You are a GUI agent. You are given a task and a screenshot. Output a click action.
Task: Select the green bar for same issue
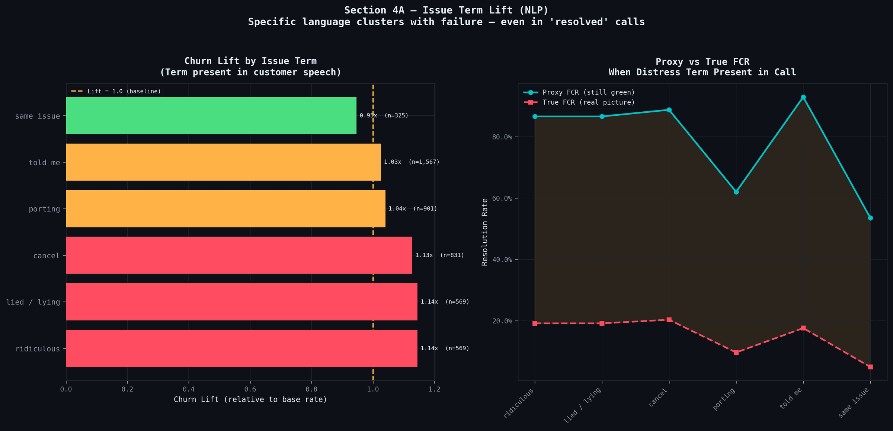[x=211, y=116]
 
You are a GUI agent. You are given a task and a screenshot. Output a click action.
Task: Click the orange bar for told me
[x=223, y=162]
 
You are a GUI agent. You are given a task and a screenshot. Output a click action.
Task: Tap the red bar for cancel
[x=239, y=255]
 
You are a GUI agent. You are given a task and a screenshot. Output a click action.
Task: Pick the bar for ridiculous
[x=241, y=348]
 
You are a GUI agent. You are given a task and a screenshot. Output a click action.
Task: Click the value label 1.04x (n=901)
[x=413, y=209]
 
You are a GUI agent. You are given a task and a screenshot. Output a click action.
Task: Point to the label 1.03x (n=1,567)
[x=412, y=162]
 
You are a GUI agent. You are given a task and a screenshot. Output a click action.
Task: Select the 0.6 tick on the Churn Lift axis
[x=250, y=389]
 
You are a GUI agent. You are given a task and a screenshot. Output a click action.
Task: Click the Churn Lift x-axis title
[x=250, y=400]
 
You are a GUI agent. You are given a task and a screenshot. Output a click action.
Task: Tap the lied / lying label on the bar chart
[x=33, y=302]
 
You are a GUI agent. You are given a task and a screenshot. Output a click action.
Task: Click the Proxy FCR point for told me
[x=803, y=97]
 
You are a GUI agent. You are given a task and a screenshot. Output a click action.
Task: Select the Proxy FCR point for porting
[x=736, y=192]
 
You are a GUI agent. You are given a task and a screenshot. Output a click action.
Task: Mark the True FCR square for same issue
[x=870, y=367]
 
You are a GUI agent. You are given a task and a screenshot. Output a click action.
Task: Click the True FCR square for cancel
[x=669, y=320]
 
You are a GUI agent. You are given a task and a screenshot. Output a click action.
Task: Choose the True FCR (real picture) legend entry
[x=588, y=102]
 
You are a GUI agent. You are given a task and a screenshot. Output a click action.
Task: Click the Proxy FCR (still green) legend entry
[x=588, y=92]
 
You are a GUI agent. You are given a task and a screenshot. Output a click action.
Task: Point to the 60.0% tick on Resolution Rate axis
[x=502, y=198]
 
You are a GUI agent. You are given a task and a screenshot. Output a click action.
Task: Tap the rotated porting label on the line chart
[x=724, y=399]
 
